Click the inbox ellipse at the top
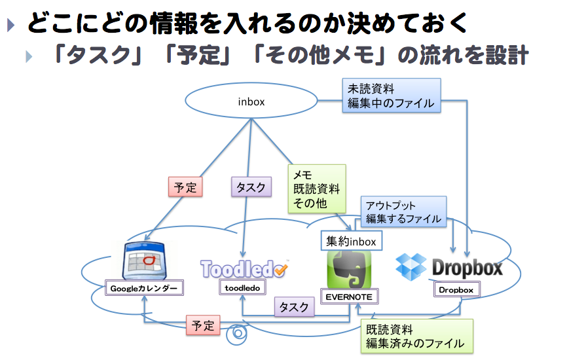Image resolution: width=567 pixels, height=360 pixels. coord(251,101)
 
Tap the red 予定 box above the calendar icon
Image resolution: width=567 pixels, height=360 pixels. coord(185,187)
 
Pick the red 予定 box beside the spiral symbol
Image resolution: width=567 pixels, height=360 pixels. coord(203,325)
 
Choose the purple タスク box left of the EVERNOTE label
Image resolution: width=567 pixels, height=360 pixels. coord(294,307)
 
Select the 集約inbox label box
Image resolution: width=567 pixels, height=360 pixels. coord(351,242)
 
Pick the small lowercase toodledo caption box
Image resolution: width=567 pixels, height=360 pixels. coord(242,287)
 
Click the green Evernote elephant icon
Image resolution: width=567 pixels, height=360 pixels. coord(350,268)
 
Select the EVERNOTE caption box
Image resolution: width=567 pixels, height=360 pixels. coord(349,297)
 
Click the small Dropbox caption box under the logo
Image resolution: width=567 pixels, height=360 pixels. coord(456,289)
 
